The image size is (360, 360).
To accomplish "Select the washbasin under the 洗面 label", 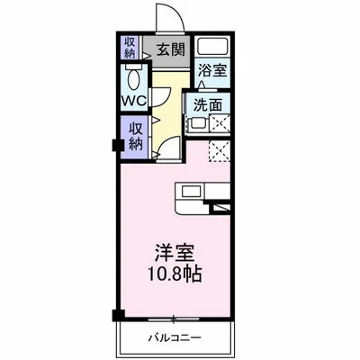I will [195, 125].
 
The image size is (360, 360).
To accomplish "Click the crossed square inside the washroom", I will [219, 125].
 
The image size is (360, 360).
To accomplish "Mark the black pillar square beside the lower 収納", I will [116, 144].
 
